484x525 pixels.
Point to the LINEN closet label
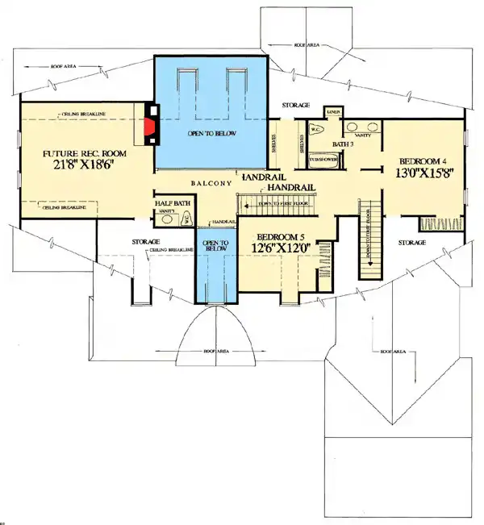point(332,111)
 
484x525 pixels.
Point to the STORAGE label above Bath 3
point(294,106)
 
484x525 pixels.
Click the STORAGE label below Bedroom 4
point(411,242)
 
